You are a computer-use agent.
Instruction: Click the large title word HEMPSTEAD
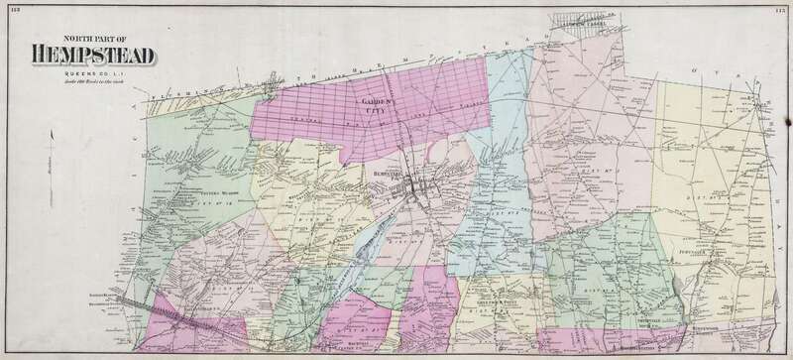click(x=94, y=56)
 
